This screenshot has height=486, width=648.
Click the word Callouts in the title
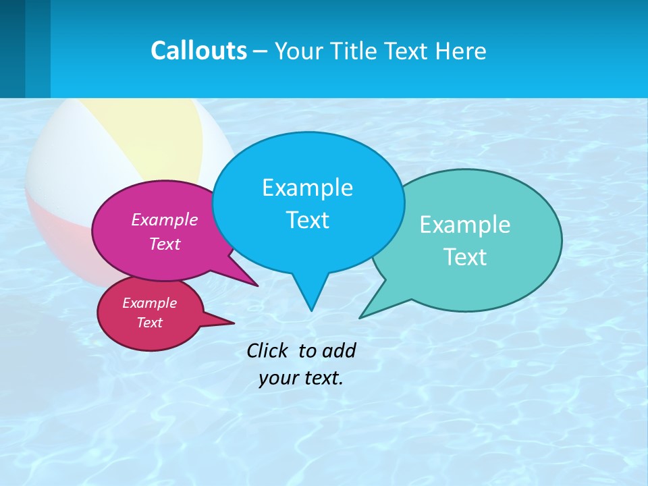click(198, 51)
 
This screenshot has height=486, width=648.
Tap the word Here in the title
click(461, 51)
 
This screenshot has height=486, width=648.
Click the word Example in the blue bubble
click(307, 188)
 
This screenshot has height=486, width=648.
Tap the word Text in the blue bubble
click(307, 220)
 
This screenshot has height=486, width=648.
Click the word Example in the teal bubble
click(465, 225)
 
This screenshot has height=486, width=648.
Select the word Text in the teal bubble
click(465, 257)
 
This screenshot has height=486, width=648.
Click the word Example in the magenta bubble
click(165, 219)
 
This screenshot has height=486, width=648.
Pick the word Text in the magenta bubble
click(165, 244)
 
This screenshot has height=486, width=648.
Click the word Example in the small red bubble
click(149, 303)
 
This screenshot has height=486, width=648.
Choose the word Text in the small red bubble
click(149, 323)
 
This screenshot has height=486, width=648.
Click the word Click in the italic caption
click(269, 350)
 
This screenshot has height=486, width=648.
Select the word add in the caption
click(339, 350)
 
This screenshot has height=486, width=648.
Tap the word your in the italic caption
click(277, 378)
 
